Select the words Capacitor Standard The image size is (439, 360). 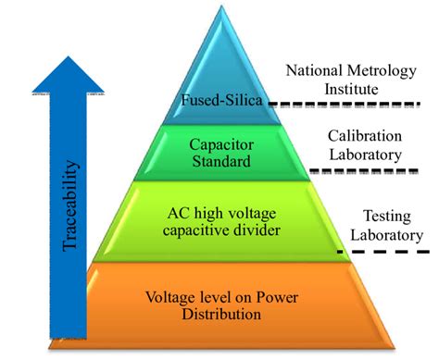(220, 153)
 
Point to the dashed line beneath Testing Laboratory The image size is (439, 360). (390, 251)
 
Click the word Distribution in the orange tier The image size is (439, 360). (220, 315)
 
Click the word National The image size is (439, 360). (307, 69)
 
